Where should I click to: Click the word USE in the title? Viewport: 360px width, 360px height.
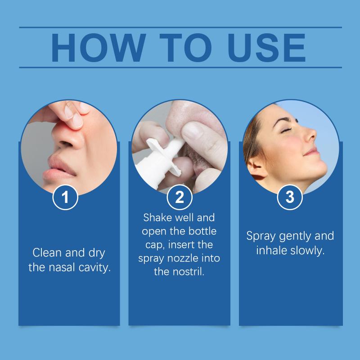266,48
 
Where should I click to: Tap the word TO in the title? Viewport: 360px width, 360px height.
185,48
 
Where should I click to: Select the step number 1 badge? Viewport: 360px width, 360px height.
65,197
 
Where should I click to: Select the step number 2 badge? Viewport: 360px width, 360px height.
180,197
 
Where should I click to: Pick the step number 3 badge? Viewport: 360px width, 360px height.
290,197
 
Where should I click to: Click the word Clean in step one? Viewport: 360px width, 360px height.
47,253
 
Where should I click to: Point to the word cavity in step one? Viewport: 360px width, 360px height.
94,268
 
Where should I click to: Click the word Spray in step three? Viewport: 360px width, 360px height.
261,237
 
